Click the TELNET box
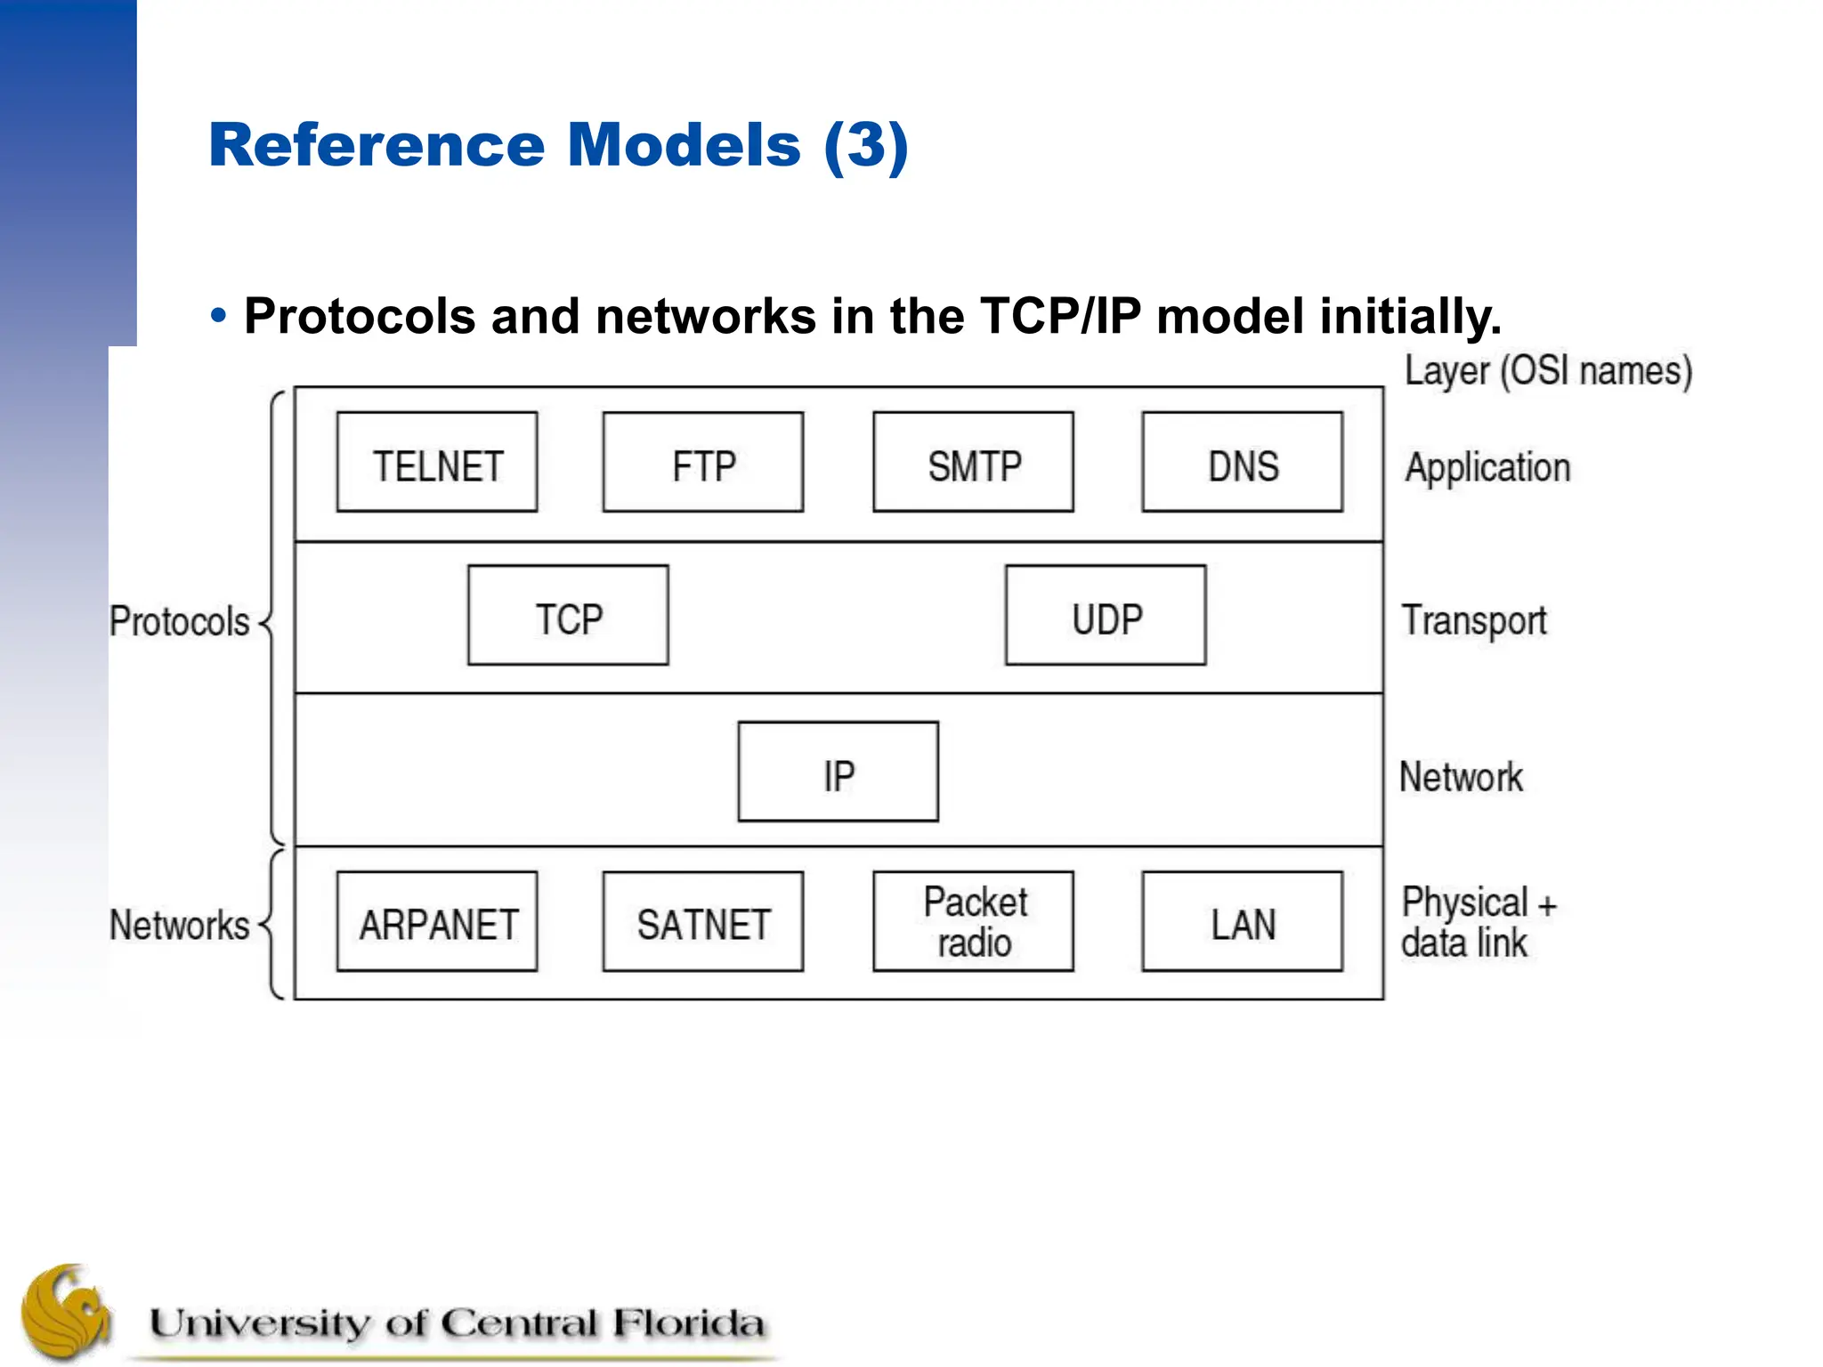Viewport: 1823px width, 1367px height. tap(437, 462)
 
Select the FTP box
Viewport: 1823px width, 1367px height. tap(703, 462)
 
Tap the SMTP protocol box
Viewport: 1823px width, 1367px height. tap(973, 462)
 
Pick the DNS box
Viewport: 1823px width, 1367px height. tap(1243, 462)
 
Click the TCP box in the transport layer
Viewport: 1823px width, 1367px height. tap(568, 615)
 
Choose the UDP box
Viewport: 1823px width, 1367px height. tap(1106, 615)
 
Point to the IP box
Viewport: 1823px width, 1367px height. tap(838, 772)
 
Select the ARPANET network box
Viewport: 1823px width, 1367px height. tap(437, 921)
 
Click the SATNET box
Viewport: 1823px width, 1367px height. tap(703, 921)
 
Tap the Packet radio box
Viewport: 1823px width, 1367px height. tap(973, 921)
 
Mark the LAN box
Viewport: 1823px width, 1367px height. tap(1243, 921)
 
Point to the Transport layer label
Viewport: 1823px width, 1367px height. tap(1474, 621)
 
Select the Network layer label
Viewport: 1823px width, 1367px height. tap(1461, 777)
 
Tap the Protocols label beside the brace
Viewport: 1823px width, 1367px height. tap(179, 621)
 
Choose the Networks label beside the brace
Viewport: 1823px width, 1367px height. tap(179, 925)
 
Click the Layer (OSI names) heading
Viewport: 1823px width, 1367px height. tap(1548, 371)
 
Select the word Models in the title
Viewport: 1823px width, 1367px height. tap(684, 144)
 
